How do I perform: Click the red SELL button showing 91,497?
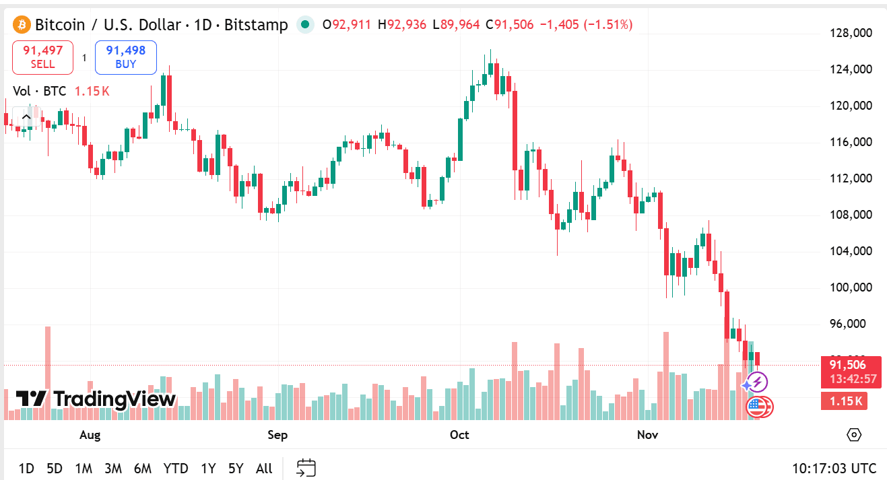coord(42,57)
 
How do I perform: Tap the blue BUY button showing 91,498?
coord(125,57)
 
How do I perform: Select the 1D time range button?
coord(26,469)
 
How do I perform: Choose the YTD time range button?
coord(176,469)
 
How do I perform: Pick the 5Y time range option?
coord(236,469)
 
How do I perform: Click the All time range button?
coord(264,469)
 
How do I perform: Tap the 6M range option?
coord(143,469)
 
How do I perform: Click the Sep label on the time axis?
coord(277,435)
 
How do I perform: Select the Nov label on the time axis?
coord(647,435)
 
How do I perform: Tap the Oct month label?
coord(459,435)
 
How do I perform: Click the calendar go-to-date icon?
coord(306,468)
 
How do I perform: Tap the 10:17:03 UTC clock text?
coord(834,469)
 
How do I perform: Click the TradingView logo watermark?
coord(96,399)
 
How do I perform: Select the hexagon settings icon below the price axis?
coord(854,435)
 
